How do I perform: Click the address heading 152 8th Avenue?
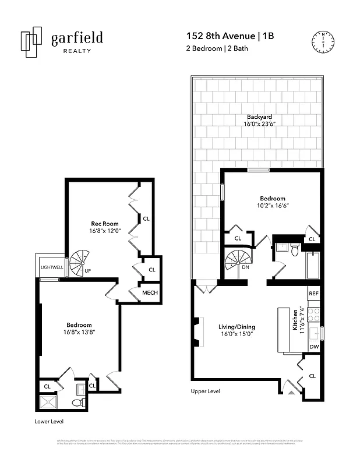(x=219, y=36)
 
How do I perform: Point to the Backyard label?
(x=257, y=116)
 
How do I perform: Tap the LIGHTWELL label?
(x=52, y=267)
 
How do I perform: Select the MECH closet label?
(x=150, y=292)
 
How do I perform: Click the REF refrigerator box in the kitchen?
(x=313, y=294)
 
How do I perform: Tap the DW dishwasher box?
(x=313, y=347)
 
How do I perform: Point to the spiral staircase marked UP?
(x=80, y=263)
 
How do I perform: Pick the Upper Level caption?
(x=205, y=391)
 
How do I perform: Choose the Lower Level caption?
(x=50, y=421)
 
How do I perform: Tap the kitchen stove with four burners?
(x=313, y=315)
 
